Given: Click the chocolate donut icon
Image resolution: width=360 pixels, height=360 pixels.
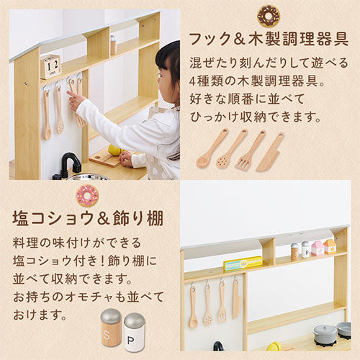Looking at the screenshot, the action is (x=269, y=16).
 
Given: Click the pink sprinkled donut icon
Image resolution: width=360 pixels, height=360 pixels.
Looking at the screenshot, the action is (x=88, y=196).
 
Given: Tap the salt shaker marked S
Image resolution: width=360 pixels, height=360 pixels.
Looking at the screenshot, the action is (x=111, y=328).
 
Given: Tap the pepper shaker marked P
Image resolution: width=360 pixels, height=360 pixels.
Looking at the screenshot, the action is (x=135, y=333).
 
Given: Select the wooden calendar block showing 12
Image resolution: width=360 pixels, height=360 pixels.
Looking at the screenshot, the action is (x=50, y=67).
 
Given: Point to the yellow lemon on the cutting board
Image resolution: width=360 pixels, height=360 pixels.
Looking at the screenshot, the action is (x=114, y=150).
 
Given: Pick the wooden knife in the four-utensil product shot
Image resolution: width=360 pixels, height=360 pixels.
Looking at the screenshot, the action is (x=271, y=152).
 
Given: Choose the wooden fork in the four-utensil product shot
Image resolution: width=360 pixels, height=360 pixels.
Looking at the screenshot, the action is (x=250, y=150).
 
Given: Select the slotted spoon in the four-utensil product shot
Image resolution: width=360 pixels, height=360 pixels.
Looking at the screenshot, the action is (x=232, y=148).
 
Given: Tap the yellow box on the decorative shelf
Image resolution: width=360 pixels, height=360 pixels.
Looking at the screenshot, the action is (x=243, y=264).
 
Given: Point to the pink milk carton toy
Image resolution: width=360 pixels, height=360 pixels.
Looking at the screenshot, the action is (x=318, y=248).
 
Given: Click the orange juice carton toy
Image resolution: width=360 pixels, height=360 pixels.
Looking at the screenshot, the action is (x=330, y=246).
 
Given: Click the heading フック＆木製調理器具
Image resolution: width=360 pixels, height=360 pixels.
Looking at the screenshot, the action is (x=269, y=39).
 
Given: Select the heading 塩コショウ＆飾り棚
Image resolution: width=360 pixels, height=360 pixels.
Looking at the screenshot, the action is (x=88, y=218).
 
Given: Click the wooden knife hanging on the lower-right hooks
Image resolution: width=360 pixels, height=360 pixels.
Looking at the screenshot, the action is (x=236, y=299).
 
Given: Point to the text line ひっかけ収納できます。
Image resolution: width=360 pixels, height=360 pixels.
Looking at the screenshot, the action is (x=256, y=117).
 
